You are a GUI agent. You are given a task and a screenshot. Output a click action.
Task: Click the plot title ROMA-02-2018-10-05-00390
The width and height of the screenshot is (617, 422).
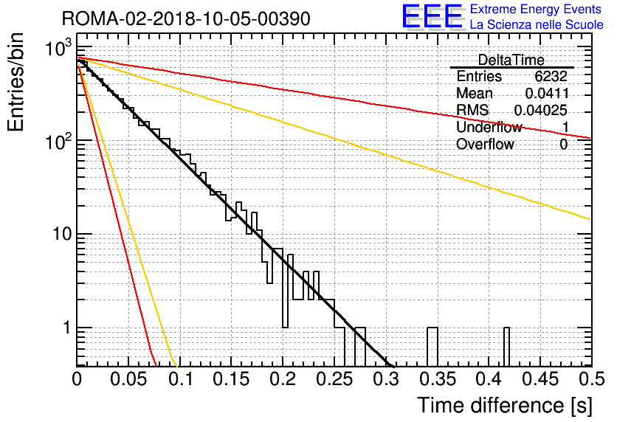[x=186, y=18]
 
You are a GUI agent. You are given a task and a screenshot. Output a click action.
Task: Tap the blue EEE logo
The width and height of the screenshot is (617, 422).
[x=432, y=16]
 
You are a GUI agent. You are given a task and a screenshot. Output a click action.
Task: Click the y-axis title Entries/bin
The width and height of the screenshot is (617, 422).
[x=15, y=82]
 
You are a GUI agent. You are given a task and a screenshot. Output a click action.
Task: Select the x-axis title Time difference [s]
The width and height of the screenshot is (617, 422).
[x=505, y=406]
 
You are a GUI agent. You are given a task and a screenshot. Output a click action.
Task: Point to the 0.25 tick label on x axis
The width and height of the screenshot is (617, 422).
[x=335, y=379]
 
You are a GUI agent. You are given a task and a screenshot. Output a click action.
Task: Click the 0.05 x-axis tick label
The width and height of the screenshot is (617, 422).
[x=128, y=379]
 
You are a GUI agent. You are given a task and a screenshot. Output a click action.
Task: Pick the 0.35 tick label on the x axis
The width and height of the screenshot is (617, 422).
[x=438, y=379]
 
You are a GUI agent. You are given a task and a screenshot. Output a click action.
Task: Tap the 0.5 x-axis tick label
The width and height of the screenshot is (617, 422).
[x=592, y=379]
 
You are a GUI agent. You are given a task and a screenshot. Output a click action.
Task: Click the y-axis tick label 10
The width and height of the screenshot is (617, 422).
[x=62, y=234]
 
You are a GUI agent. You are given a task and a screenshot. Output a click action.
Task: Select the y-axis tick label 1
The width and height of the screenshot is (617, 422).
[x=66, y=328]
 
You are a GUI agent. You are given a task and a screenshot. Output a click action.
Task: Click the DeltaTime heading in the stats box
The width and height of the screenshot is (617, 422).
[x=511, y=60]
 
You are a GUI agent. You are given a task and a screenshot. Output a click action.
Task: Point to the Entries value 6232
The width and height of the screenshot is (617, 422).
[x=551, y=76]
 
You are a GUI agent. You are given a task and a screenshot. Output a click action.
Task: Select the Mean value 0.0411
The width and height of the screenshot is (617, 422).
[x=547, y=93]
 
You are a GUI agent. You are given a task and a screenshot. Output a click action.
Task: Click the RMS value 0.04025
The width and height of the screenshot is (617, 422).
[x=541, y=111]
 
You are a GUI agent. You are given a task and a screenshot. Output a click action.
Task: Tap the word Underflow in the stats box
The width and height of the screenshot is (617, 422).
[x=489, y=128]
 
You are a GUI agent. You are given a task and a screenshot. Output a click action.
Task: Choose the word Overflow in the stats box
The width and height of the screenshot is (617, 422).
[x=485, y=145]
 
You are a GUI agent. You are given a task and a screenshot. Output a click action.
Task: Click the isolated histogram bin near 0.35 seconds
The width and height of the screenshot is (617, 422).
[x=432, y=347]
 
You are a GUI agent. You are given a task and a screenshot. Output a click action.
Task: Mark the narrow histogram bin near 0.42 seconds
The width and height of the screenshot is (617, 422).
[x=507, y=347]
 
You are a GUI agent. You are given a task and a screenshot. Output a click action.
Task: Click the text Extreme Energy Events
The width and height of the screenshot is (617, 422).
[x=536, y=9]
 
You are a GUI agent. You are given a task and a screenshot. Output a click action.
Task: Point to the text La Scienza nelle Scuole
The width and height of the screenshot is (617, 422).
[x=537, y=25]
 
